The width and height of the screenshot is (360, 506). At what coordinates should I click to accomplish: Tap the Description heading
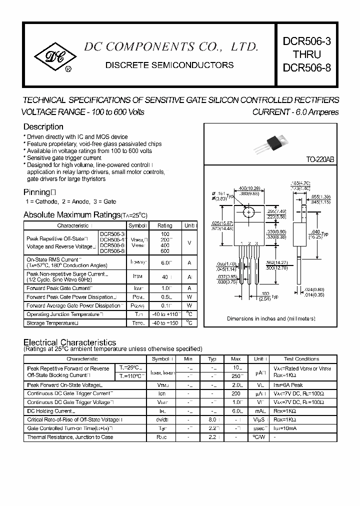point(43,127)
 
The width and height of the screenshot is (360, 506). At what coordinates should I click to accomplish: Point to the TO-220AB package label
point(319,159)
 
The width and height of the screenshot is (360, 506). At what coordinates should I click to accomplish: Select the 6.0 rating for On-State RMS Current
point(165,262)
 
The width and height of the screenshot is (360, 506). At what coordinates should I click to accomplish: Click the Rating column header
point(164,225)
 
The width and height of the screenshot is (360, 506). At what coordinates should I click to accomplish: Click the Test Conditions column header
point(301,359)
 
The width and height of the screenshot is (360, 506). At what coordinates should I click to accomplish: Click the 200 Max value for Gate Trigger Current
point(236,393)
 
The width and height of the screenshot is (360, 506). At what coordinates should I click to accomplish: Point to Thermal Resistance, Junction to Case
point(70,437)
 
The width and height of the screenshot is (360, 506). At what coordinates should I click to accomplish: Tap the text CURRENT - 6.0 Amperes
point(295,112)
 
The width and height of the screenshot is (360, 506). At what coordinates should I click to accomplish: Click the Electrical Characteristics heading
point(70,342)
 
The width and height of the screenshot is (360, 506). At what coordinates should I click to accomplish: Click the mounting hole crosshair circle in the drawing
point(248,212)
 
